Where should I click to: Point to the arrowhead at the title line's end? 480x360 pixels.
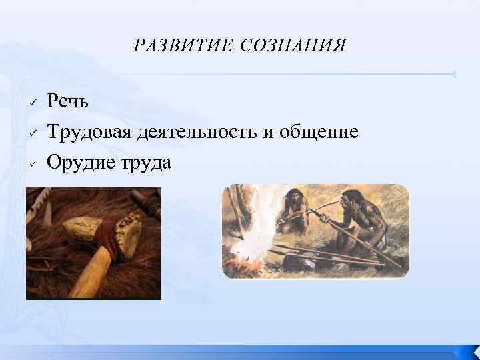coord(454,73)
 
